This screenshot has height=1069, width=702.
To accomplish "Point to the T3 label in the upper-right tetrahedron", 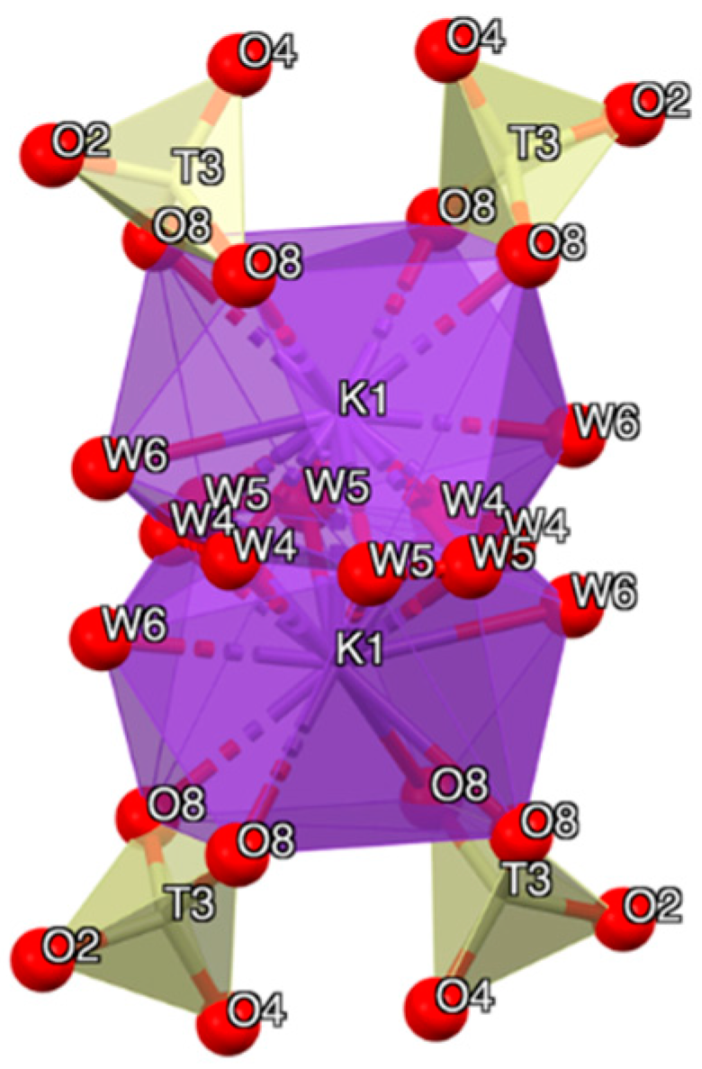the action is pos(536,141).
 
